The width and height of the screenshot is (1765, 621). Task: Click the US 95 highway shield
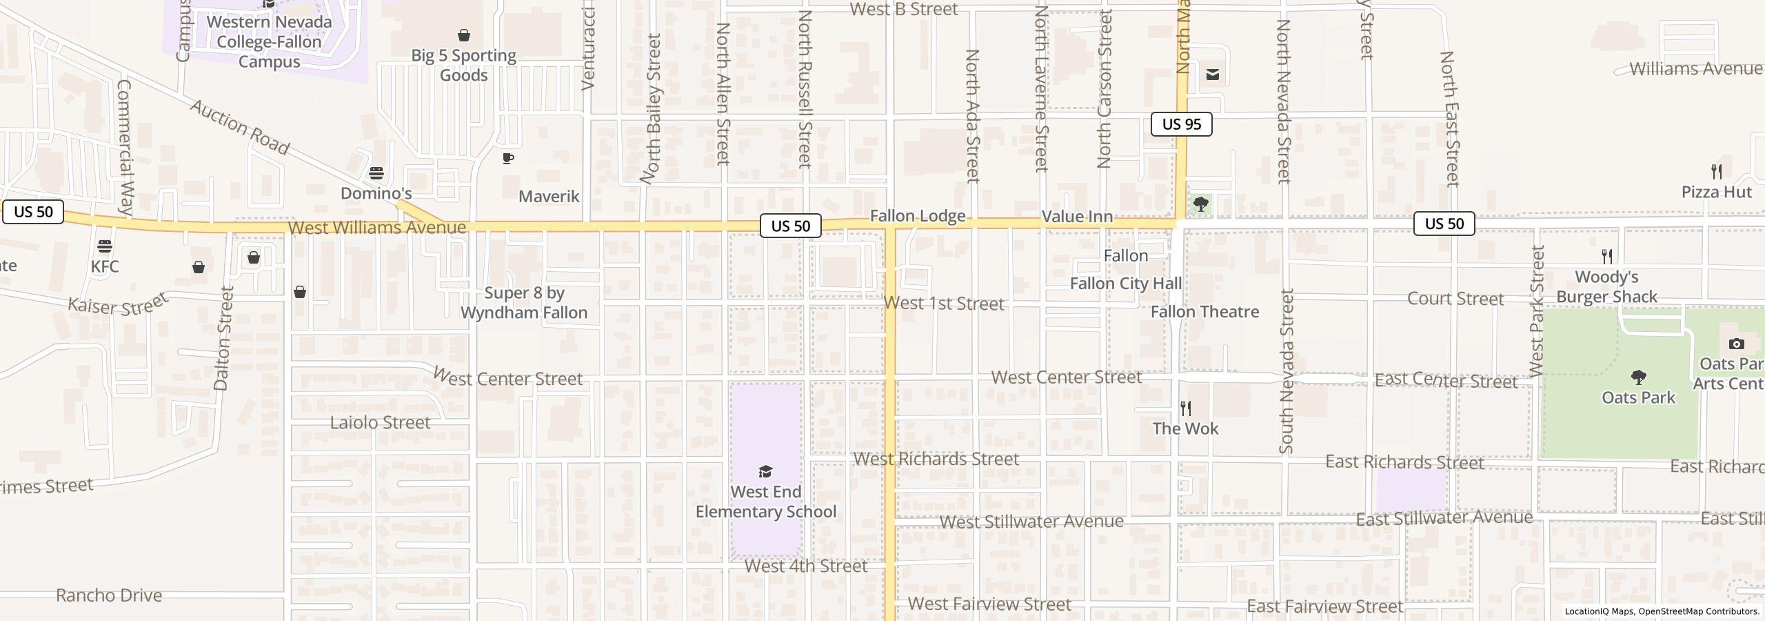pos(1181,124)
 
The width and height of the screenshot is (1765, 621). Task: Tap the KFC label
pos(105,266)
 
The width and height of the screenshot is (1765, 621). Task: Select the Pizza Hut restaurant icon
pos(1717,171)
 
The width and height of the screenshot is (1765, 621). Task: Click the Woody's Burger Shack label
pos(1606,287)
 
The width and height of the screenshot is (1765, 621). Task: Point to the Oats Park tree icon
pos(1638,377)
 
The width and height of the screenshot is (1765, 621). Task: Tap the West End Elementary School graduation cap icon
pos(765,472)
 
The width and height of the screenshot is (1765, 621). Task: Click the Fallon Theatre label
pos(1204,312)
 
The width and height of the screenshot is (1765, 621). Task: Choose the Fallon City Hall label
pos(1125,284)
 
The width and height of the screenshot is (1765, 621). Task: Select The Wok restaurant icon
pos(1186,408)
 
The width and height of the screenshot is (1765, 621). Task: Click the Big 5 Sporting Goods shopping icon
pos(464,35)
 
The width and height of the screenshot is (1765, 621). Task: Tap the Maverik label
pos(549,197)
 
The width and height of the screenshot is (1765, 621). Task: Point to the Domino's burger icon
pos(376,172)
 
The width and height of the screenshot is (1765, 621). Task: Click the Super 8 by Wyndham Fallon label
pos(524,303)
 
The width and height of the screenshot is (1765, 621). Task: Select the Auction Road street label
pos(240,127)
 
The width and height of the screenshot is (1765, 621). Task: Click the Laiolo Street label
pos(380,422)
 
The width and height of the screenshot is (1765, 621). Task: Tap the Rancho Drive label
pos(109,595)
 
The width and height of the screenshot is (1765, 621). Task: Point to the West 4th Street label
pos(805,566)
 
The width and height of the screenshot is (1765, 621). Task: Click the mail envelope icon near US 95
pos(1213,75)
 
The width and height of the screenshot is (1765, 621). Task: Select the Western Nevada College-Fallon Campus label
pos(269,41)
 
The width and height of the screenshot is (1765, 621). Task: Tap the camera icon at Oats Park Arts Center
pos(1736,344)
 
